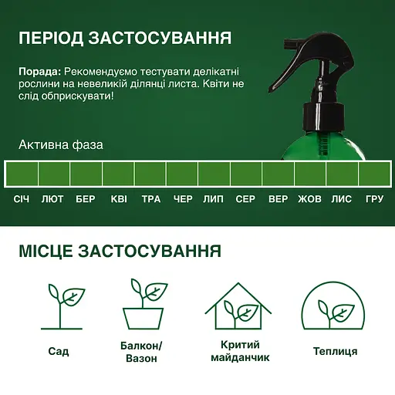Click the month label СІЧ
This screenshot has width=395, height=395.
22,199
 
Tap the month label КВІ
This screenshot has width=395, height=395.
119,199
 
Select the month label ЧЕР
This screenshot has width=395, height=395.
183,199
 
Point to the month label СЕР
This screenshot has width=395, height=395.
245,199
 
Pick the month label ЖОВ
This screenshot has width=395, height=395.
309,199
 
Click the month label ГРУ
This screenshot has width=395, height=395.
374,199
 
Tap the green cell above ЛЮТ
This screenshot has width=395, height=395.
54,173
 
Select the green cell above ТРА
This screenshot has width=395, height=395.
150,173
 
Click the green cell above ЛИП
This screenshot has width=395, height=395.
214,173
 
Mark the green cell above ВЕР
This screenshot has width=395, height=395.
278,173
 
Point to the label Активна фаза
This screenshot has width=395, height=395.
60,145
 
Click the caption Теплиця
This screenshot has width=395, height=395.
335,351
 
